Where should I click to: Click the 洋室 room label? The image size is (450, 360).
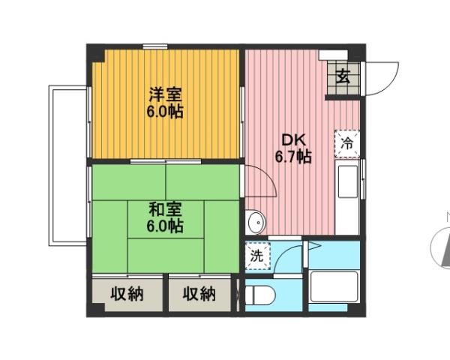point(166,95)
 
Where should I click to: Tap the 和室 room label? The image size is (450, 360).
point(166,208)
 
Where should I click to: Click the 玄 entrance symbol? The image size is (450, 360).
point(343,76)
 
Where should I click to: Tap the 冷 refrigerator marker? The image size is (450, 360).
point(347,142)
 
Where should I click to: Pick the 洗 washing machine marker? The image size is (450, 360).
point(256,255)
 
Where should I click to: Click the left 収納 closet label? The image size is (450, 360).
point(127,294)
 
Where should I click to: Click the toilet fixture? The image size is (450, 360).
point(256,295)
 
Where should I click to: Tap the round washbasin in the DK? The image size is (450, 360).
point(255,222)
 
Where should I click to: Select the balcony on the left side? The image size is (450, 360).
point(67,165)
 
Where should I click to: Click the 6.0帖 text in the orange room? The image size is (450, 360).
point(166,112)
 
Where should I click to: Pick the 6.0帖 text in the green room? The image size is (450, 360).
point(166,225)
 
